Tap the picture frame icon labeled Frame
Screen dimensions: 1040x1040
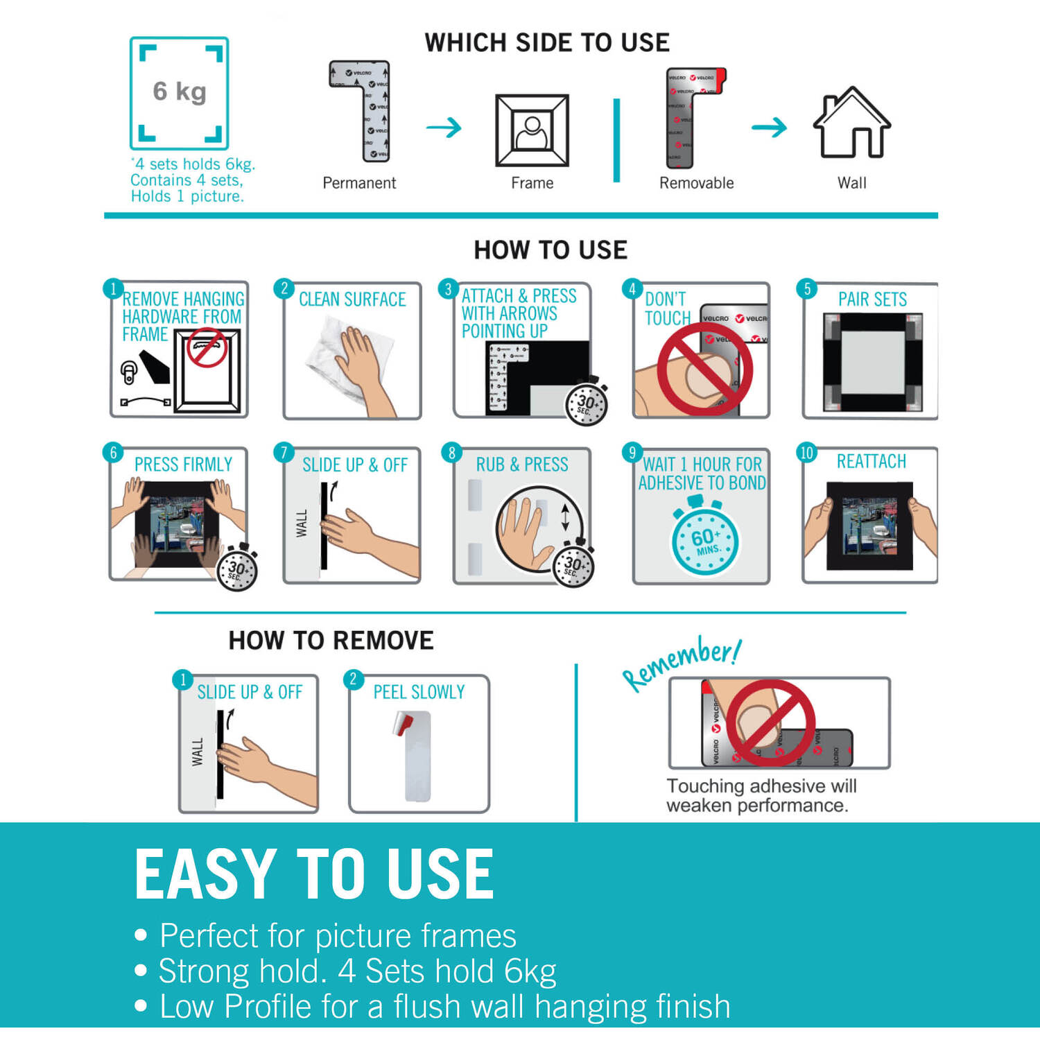tap(532, 130)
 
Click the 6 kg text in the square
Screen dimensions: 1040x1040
tap(180, 92)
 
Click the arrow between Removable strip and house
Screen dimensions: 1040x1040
tap(769, 127)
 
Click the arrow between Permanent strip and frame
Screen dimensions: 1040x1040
tap(444, 128)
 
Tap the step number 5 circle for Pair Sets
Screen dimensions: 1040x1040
tap(806, 289)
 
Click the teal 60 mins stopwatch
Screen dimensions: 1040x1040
tap(705, 539)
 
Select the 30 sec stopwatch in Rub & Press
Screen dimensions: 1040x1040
tap(573, 566)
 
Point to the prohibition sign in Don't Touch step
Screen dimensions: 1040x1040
tap(704, 368)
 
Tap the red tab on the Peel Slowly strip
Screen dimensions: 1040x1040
tap(404, 723)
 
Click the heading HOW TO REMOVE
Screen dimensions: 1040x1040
tap(331, 640)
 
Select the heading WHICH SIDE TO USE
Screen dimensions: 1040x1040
tap(547, 42)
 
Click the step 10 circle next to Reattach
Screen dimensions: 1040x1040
tap(806, 453)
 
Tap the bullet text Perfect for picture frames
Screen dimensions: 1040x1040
tap(338, 935)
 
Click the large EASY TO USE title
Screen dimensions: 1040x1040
tap(314, 874)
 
